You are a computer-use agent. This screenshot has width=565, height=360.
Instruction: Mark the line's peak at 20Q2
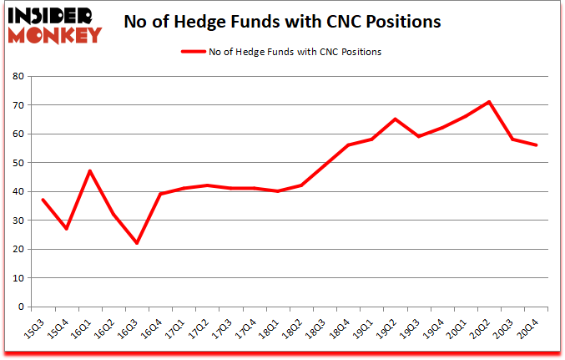click(x=489, y=102)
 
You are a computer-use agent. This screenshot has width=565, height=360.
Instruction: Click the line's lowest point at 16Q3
click(x=136, y=243)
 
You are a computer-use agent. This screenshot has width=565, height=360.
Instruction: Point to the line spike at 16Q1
click(x=89, y=171)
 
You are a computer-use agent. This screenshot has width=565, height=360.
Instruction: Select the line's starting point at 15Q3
click(x=42, y=200)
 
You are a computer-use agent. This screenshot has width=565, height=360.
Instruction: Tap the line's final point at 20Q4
click(x=536, y=145)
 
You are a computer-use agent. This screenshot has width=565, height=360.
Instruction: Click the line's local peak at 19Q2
click(x=395, y=119)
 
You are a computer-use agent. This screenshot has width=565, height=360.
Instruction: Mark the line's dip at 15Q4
click(x=66, y=229)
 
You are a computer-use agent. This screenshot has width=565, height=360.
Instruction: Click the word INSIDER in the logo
click(x=55, y=15)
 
